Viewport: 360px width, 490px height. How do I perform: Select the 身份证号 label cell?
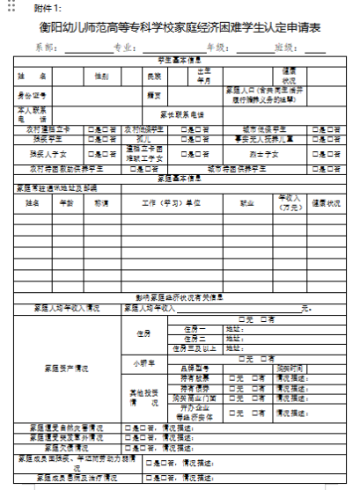(x=33, y=94)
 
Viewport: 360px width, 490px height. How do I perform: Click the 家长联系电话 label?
(x=181, y=113)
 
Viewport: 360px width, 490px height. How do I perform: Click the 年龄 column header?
(x=66, y=201)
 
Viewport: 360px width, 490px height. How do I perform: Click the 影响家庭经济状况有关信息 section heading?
(x=180, y=296)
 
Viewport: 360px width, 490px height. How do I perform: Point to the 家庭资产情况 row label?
(x=66, y=367)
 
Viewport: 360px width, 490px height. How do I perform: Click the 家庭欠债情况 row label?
(x=68, y=445)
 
